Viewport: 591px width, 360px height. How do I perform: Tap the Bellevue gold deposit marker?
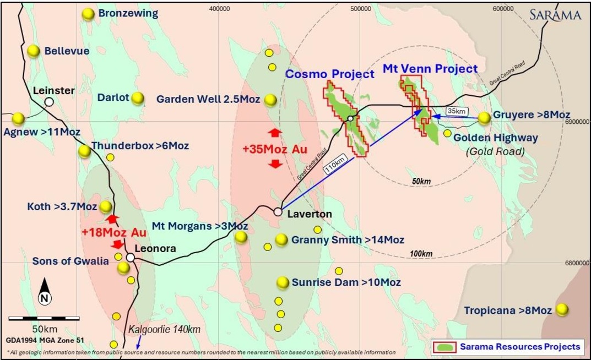34,51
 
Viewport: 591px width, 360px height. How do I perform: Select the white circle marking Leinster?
49,102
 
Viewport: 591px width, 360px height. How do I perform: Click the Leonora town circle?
131,257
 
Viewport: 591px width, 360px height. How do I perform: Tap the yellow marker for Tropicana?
562,310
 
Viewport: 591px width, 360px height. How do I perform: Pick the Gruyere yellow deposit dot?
484,118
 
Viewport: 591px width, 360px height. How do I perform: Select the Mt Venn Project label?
430,69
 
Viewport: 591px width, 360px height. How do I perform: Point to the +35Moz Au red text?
274,149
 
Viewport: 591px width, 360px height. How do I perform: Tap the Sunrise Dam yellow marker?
283,282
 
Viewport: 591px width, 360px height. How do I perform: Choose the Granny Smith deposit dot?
281,240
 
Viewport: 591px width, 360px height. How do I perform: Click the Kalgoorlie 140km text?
165,330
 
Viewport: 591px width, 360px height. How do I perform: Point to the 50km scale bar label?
45,329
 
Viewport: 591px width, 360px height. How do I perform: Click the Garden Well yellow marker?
270,100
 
